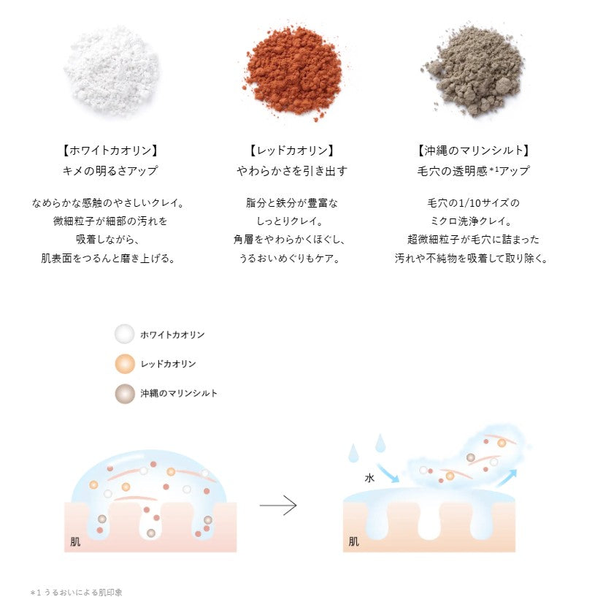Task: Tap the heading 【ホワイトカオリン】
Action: pos(111,151)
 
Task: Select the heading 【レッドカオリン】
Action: pos(291,151)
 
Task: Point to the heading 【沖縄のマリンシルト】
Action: pos(472,151)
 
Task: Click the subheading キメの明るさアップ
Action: pos(111,171)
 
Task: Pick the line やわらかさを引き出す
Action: pos(291,171)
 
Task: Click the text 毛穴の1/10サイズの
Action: pos(472,202)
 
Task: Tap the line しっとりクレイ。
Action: pos(291,221)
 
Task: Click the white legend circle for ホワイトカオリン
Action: pos(125,335)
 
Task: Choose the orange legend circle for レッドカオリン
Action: pos(125,363)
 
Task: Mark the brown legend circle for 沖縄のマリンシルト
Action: pos(125,392)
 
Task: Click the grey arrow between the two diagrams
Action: pos(278,506)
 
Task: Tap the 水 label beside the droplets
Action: pos(369,479)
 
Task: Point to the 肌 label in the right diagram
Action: pos(353,541)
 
